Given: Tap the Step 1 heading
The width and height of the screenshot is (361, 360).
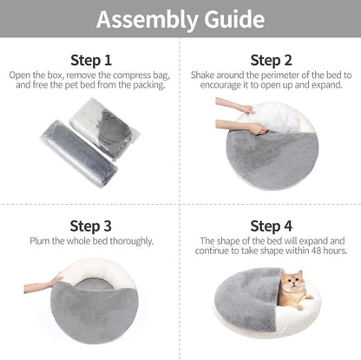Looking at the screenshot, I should (90, 61).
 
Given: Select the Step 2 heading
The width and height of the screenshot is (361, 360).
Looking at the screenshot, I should (270, 61).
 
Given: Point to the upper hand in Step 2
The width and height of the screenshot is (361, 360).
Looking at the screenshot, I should (227, 105).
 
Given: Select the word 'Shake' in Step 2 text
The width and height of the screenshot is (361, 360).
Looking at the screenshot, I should (201, 75).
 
